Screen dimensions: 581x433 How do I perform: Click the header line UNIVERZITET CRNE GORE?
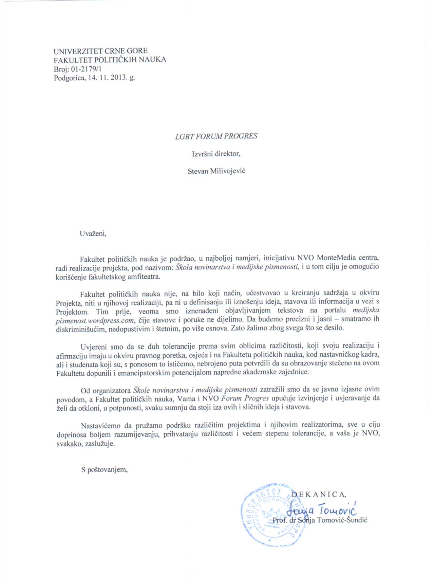100,51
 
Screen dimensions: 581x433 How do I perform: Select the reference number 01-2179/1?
87,69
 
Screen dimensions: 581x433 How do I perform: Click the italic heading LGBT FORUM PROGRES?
216,136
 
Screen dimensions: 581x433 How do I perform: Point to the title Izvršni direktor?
216,154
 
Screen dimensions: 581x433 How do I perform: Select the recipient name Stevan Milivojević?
216,171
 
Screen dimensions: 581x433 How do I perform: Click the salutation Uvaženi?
93,233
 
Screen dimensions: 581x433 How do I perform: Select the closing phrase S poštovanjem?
104,470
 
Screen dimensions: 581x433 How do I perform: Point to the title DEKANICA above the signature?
318,495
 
